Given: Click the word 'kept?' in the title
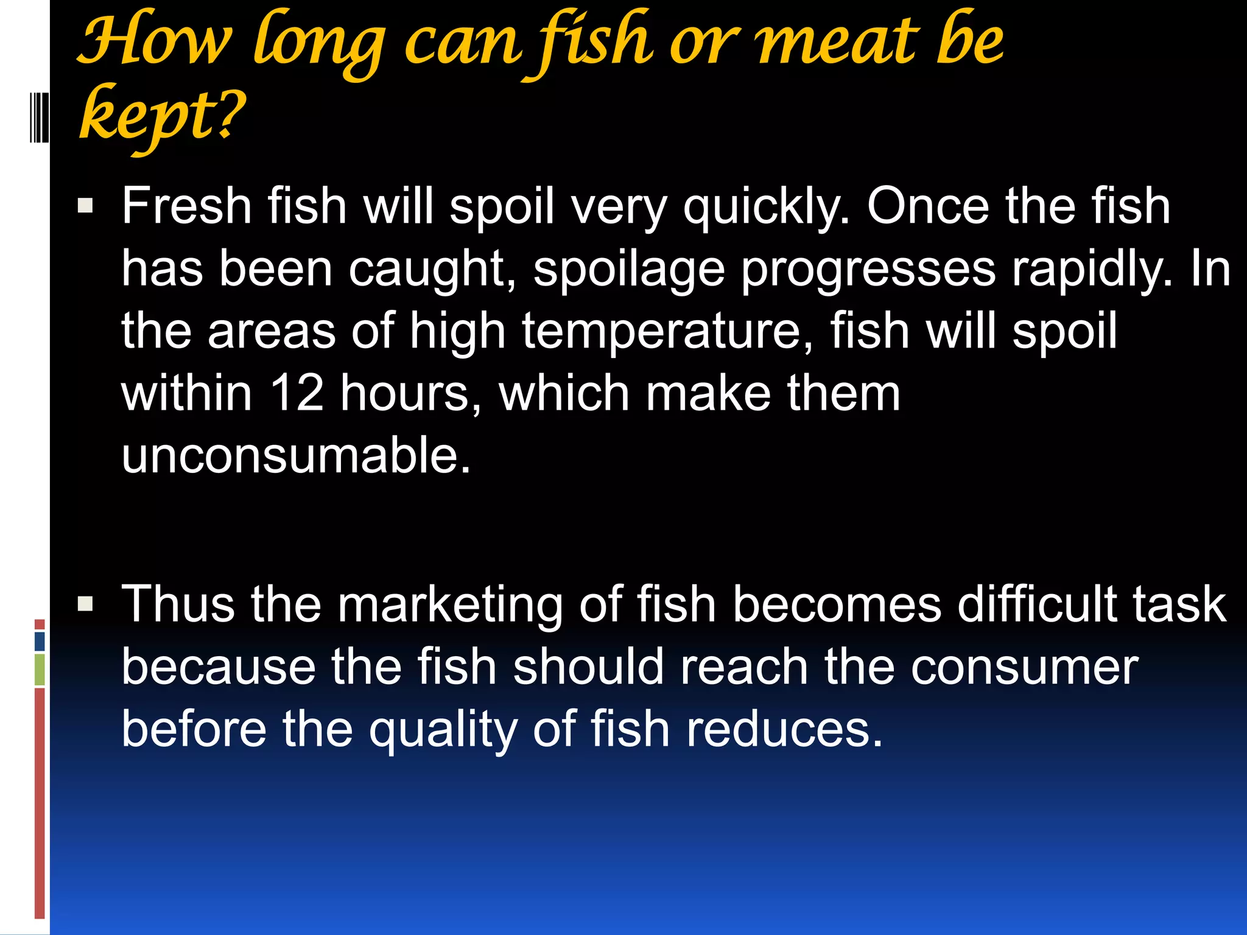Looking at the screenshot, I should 162,116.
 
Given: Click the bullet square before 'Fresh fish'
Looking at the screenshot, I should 85,205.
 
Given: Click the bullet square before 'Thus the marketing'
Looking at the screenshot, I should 85,604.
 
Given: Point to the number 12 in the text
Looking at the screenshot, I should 297,393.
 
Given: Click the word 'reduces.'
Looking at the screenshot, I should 785,729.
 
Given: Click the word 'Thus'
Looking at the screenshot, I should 178,604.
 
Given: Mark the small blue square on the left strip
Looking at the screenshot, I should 40,642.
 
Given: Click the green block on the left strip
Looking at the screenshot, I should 40,670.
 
